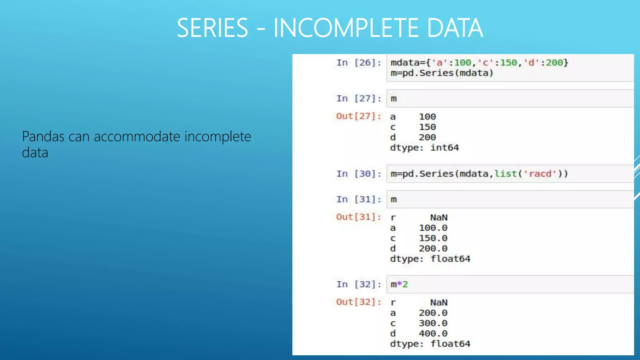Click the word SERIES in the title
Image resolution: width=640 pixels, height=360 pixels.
[212, 28]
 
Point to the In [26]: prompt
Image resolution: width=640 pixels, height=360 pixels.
[359, 63]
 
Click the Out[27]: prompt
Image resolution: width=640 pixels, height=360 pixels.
[359, 116]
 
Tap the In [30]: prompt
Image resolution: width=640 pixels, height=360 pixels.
[359, 174]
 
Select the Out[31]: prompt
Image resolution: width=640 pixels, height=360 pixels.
[359, 217]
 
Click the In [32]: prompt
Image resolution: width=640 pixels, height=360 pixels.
[359, 284]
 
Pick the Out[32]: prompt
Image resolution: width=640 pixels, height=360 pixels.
[359, 302]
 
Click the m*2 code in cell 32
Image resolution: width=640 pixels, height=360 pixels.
[399, 284]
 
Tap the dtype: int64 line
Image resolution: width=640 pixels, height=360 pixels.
[424, 147]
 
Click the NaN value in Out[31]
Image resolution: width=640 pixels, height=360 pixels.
[439, 217]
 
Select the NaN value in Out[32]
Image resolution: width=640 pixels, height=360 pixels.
[439, 302]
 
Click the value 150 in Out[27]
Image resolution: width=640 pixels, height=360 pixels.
[427, 127]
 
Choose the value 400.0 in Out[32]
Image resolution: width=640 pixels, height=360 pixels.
[433, 333]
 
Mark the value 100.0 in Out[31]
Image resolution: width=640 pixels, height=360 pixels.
[433, 228]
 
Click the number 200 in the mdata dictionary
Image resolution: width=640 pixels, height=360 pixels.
[554, 63]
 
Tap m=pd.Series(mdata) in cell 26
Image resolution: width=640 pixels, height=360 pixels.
[442, 73]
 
